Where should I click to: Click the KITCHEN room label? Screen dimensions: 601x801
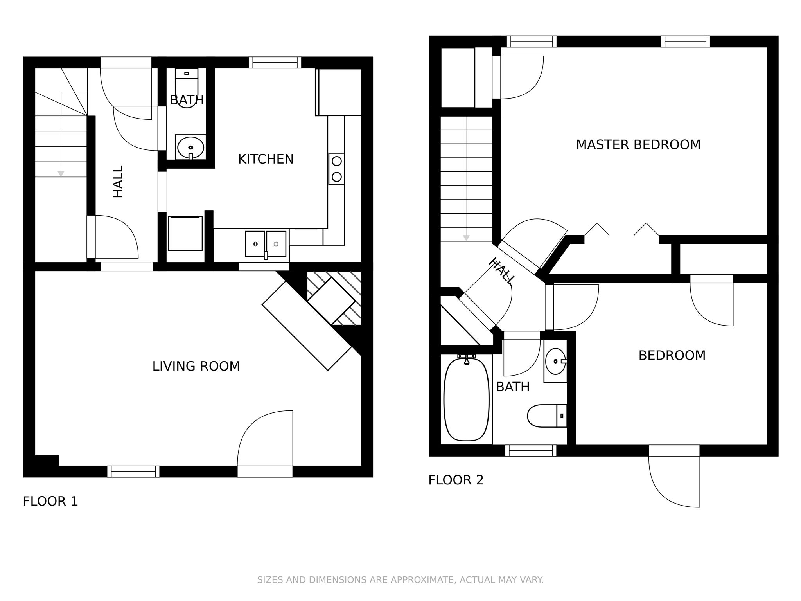[x=266, y=159]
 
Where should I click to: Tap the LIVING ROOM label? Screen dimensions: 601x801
[x=196, y=366]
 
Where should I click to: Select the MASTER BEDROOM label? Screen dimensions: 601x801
[x=638, y=145]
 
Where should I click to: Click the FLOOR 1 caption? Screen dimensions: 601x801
[x=50, y=501]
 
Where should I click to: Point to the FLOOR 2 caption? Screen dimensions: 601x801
[x=456, y=480]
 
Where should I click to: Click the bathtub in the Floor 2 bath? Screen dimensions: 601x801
[x=466, y=399]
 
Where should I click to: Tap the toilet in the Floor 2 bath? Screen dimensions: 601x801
[x=546, y=416]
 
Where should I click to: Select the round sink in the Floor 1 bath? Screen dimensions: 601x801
[x=190, y=148]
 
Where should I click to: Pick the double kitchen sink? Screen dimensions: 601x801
[x=266, y=244]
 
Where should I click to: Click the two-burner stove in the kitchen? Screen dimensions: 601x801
[x=336, y=169]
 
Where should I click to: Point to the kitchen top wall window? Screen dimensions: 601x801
[x=275, y=62]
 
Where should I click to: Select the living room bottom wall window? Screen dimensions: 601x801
[x=133, y=471]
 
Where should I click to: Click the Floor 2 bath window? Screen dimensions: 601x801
[x=530, y=450]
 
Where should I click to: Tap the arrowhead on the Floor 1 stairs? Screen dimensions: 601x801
[x=61, y=173]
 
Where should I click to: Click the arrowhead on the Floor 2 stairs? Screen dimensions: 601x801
[x=466, y=238]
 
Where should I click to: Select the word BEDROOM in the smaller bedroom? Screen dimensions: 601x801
[x=672, y=355]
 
